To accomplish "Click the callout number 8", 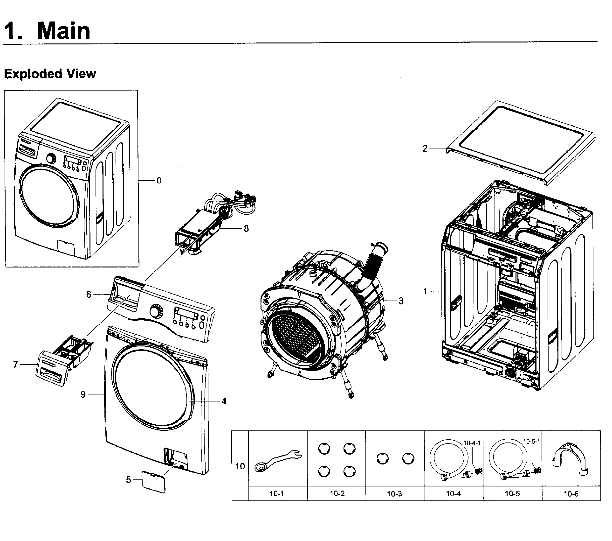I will [x=246, y=229].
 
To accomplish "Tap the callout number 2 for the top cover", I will [x=425, y=148].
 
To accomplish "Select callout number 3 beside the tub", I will [x=401, y=301].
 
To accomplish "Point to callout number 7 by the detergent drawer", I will [x=16, y=364].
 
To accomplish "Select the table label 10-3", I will [x=394, y=494].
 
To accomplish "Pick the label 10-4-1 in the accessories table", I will [x=472, y=443].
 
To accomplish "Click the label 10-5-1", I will [x=531, y=441].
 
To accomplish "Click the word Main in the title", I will [x=63, y=31].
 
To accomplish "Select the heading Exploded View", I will [x=50, y=74].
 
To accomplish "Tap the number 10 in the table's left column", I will [x=240, y=466].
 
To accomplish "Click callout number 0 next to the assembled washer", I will [x=159, y=181].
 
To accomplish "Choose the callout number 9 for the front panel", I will [x=83, y=394].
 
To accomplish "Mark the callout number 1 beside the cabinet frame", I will [x=425, y=291].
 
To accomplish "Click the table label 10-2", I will [x=337, y=494].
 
